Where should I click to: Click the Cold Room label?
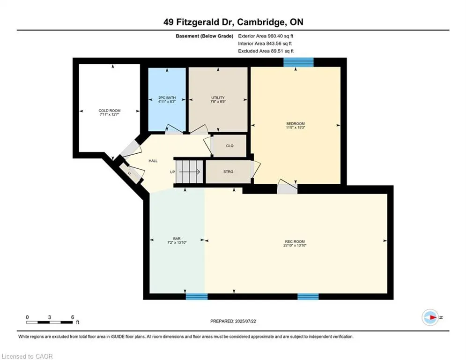coord(109,111)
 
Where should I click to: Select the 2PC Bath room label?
coord(167,98)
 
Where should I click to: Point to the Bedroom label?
coord(296,124)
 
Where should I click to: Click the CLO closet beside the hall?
coord(229,146)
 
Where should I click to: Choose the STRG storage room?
coord(228,172)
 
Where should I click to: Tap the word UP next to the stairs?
coord(172,172)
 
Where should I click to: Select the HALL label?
coord(153,161)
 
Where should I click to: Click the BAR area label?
coord(177,239)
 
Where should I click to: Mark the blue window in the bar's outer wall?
coord(196,296)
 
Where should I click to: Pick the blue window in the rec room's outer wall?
coord(308,296)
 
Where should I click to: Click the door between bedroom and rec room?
coord(287,186)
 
